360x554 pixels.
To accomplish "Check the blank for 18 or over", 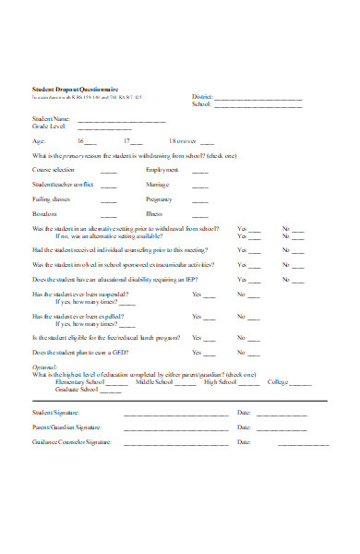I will pyautogui.click(x=207, y=142).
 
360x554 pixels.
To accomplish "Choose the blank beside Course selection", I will pyautogui.click(x=109, y=171).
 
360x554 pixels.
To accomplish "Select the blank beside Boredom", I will pyautogui.click(x=109, y=214).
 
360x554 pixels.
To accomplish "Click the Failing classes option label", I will pyautogui.click(x=53, y=199).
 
